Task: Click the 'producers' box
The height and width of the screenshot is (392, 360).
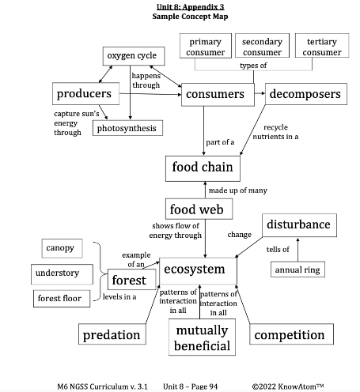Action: tap(87, 94)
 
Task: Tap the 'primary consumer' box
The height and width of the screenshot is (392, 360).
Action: tap(205, 47)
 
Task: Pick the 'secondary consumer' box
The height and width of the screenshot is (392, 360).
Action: tap(262, 47)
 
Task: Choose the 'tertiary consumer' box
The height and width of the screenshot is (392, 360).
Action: tap(322, 47)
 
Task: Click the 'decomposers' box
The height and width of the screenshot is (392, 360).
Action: tap(305, 94)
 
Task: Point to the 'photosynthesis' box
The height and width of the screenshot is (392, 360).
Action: tap(127, 128)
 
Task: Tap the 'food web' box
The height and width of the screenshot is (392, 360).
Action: tap(199, 209)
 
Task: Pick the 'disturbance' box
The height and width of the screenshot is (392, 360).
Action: tap(297, 224)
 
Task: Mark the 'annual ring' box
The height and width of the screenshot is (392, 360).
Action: tap(297, 270)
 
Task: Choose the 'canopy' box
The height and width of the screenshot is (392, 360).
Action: tap(60, 248)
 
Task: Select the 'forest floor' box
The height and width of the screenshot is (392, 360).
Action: tap(58, 298)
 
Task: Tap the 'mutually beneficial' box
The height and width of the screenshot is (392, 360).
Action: tap(203, 337)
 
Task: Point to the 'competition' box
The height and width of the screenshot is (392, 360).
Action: tap(289, 335)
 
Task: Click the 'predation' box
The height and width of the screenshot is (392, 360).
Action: tap(112, 335)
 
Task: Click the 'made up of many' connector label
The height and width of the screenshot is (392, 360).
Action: tap(237, 190)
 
